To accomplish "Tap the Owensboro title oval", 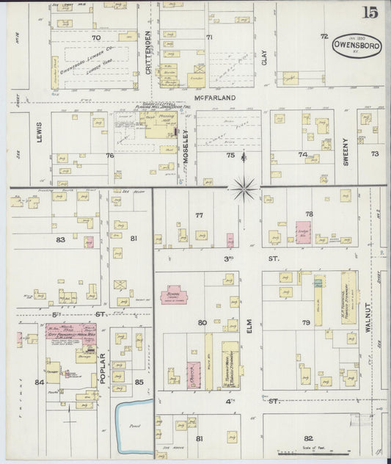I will (357, 46).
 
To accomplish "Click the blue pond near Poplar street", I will (134, 418).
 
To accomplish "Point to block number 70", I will (95, 37).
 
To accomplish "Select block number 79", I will (305, 322).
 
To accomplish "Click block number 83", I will (59, 239).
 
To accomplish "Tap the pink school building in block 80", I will (175, 295).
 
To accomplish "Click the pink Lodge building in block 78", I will (303, 231).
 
